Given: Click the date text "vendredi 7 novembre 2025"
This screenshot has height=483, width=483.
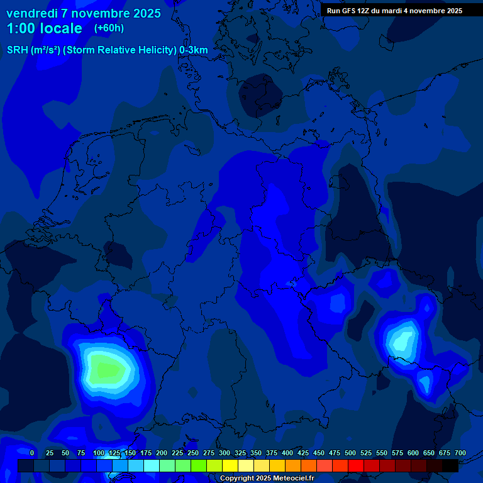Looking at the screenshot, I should tap(84, 13).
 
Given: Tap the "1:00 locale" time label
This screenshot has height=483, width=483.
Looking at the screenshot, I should tap(44, 28).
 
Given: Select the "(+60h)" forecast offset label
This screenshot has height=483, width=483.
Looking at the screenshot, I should tap(109, 28).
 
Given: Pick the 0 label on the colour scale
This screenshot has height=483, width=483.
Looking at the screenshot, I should tap(32, 453).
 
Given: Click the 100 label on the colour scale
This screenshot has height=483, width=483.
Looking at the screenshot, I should tap(99, 453).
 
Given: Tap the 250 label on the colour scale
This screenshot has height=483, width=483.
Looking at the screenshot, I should tap(193, 453).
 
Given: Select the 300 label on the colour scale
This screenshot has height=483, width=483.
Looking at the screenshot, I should tap(225, 453).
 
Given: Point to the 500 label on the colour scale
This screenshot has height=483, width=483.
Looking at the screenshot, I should tap(350, 453).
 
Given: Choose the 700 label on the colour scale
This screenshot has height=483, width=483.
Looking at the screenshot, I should tap(460, 453).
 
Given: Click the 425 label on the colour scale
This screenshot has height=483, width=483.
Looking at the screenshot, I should tap(303, 453).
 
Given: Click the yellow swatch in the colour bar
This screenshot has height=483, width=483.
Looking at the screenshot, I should tap(230, 465).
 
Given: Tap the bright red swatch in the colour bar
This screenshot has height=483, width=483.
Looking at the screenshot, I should tap(356, 465).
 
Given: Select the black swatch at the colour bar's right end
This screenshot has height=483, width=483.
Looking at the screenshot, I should tap(450, 465).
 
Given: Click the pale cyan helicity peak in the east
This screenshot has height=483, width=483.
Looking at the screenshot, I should tap(402, 340).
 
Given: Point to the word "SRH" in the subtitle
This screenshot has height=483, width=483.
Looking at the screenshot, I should tap(18, 50).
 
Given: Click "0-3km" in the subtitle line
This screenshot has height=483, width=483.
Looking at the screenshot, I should tap(193, 50).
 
